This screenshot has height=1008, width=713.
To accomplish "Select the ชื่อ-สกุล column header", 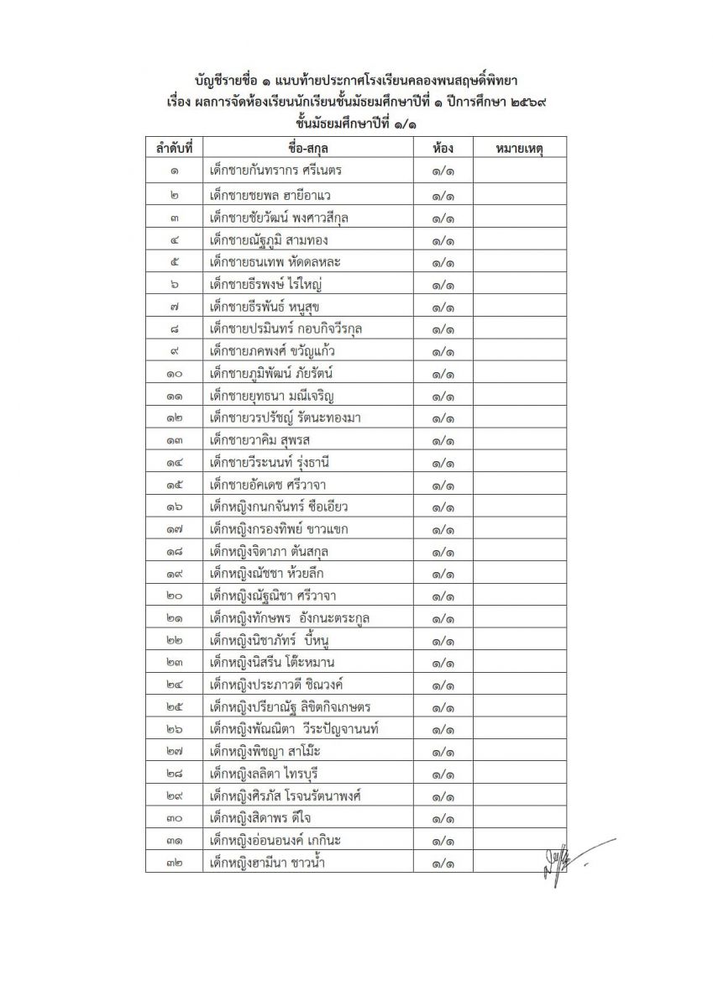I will pyautogui.click(x=307, y=149).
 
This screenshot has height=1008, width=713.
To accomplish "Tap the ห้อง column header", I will pyautogui.click(x=443, y=149).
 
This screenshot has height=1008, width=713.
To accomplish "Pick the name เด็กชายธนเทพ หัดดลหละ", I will pyautogui.click(x=275, y=261).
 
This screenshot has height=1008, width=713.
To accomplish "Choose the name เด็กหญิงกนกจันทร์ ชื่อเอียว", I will pyautogui.click(x=280, y=506).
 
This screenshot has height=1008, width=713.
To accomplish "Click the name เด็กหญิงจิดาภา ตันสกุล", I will pyautogui.click(x=270, y=551).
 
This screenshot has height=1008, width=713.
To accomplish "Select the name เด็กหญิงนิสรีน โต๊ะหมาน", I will pyautogui.click(x=273, y=662).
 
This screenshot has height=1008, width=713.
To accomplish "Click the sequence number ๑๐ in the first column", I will pyautogui.click(x=174, y=373).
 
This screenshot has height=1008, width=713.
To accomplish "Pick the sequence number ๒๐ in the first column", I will pyautogui.click(x=174, y=596).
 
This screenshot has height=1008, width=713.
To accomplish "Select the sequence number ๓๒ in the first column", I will pyautogui.click(x=174, y=862).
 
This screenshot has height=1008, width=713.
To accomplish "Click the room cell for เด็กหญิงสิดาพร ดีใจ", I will pyautogui.click(x=443, y=817).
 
